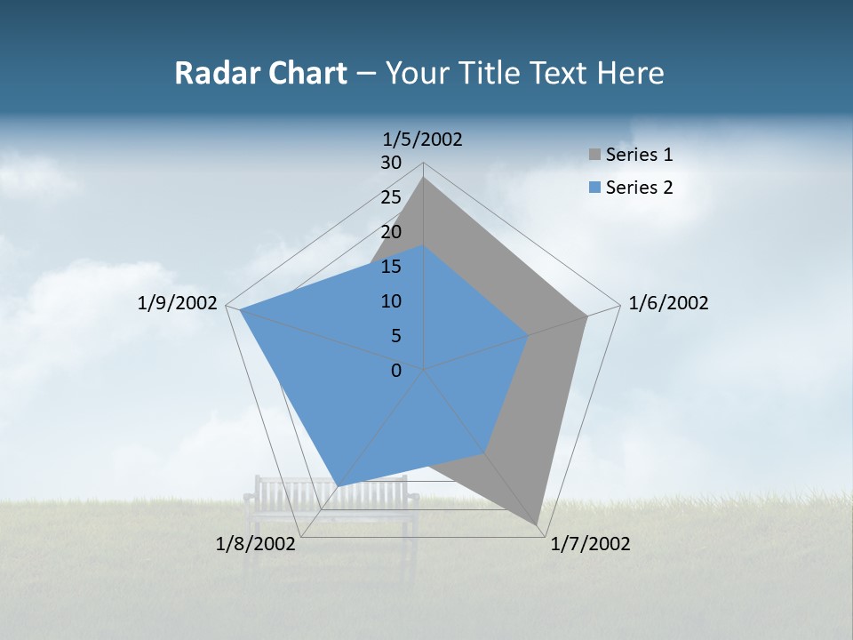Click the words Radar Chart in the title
(x=260, y=73)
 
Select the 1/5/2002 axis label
(x=423, y=139)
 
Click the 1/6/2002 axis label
(x=668, y=303)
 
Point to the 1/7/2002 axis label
(x=590, y=544)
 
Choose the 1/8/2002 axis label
(x=256, y=544)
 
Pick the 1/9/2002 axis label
(x=178, y=303)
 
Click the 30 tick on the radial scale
(x=391, y=163)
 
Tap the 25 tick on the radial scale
(x=391, y=197)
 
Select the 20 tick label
(x=391, y=232)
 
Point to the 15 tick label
(x=391, y=267)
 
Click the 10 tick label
(x=391, y=301)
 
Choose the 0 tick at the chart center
(x=396, y=371)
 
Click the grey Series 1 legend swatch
(x=595, y=155)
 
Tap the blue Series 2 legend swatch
(x=595, y=188)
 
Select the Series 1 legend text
(x=639, y=155)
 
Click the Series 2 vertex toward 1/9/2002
(x=240, y=310)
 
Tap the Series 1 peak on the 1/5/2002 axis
(x=423, y=178)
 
